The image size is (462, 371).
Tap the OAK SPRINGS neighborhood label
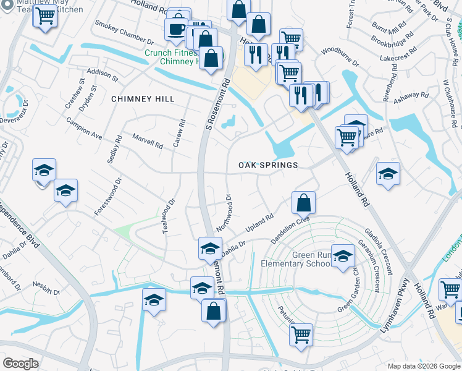point(268,165)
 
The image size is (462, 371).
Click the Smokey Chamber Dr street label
point(124,33)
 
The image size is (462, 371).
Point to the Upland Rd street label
point(260,224)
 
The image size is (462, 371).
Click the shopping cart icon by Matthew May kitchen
point(45,15)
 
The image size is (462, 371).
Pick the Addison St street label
point(103,75)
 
